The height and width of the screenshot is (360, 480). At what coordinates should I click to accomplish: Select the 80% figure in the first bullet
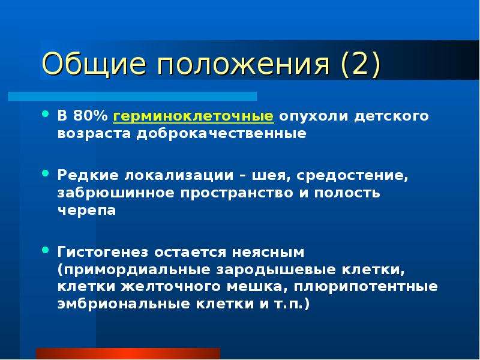[91, 116]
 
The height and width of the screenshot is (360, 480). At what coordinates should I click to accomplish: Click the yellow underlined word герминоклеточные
[193, 116]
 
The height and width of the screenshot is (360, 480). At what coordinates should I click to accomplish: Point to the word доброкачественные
[221, 133]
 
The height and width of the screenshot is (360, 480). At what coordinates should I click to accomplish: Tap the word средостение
[352, 176]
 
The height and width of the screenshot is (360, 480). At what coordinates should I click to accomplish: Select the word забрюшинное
[116, 193]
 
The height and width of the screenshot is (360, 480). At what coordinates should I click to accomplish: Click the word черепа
[86, 211]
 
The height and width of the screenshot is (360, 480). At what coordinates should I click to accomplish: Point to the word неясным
[268, 253]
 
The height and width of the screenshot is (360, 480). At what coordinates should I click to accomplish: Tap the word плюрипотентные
[366, 287]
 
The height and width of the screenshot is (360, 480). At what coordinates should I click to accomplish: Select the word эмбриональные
[124, 304]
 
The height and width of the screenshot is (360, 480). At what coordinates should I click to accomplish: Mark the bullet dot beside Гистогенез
[46, 250]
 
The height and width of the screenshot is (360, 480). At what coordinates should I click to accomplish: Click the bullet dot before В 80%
[46, 114]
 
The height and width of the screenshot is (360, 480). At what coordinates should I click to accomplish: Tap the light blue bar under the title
[132, 96]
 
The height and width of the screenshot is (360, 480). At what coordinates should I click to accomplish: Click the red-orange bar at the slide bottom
[128, 353]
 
